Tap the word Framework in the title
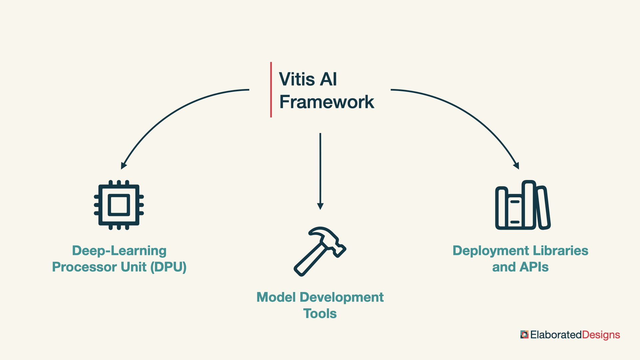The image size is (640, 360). click(x=327, y=102)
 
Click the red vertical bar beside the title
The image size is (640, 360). click(x=271, y=90)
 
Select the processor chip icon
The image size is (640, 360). click(x=119, y=205)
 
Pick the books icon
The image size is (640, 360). click(x=523, y=205)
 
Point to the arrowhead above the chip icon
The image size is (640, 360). click(x=124, y=165)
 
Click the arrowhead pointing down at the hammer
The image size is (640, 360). click(x=320, y=206)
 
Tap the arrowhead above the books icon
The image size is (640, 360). click(x=516, y=165)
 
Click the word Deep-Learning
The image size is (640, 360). click(x=119, y=251)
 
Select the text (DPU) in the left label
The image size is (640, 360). click(x=168, y=267)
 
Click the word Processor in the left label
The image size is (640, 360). click(x=99, y=267)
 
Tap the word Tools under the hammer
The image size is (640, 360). click(x=320, y=314)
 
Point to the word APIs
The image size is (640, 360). click(x=534, y=267)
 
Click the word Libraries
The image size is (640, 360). click(x=561, y=251)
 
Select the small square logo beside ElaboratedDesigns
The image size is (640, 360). click(x=524, y=335)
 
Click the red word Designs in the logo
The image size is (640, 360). click(x=601, y=335)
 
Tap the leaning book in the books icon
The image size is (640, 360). click(x=543, y=208)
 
